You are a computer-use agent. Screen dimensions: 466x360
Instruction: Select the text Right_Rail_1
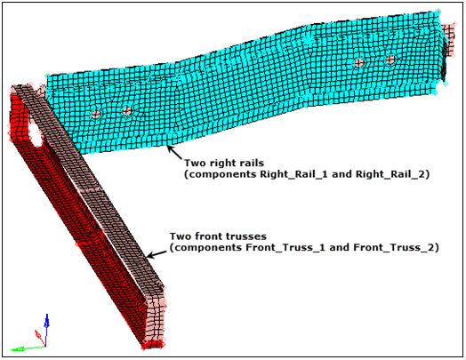pyautogui.click(x=293, y=174)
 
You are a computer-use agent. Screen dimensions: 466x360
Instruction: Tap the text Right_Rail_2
pyautogui.click(x=390, y=174)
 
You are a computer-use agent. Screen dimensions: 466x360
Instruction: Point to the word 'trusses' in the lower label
pyautogui.click(x=245, y=236)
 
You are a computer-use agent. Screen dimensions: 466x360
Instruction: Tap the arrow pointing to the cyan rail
pyautogui.click(x=174, y=152)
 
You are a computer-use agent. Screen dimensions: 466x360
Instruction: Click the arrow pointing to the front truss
pyautogui.click(x=157, y=254)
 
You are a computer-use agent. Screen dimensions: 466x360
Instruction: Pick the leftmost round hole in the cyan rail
pyautogui.click(x=96, y=114)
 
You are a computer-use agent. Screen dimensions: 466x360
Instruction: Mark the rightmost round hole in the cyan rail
pyautogui.click(x=390, y=60)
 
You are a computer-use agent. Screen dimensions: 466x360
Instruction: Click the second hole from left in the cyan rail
pyautogui.click(x=127, y=111)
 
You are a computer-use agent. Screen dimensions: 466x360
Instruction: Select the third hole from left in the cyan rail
pyautogui.click(x=359, y=63)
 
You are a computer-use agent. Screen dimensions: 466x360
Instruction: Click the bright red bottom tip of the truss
pyautogui.click(x=152, y=345)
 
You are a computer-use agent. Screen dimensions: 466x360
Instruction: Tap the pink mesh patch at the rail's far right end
pyautogui.click(x=448, y=38)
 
